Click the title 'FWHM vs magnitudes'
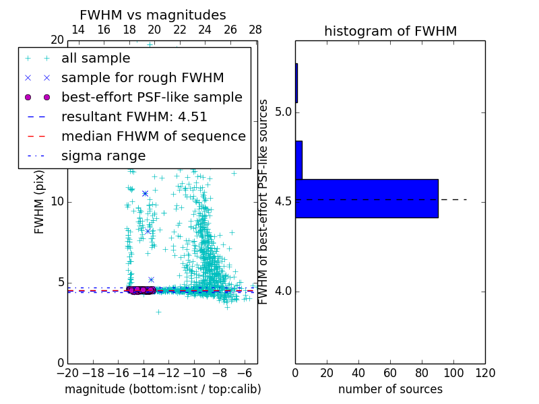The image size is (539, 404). pyautogui.click(x=153, y=15)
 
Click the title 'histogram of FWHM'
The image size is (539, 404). pyautogui.click(x=390, y=32)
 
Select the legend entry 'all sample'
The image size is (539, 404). pyautogui.click(x=96, y=59)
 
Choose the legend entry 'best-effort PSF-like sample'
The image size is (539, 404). pyautogui.click(x=152, y=98)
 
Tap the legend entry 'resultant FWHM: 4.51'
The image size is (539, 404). pyautogui.click(x=134, y=117)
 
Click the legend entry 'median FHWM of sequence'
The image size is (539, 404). pyautogui.click(x=153, y=137)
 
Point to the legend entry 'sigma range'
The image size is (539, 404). pyautogui.click(x=103, y=156)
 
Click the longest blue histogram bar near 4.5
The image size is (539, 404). pyautogui.click(x=367, y=199)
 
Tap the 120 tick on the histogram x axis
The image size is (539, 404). pyautogui.click(x=485, y=373)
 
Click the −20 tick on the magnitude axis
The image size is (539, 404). pyautogui.click(x=67, y=373)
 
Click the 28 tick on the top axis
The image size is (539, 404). pyautogui.click(x=255, y=30)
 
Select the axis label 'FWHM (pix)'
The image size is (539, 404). pyautogui.click(x=40, y=202)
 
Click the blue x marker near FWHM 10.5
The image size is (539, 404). pyautogui.click(x=145, y=193)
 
